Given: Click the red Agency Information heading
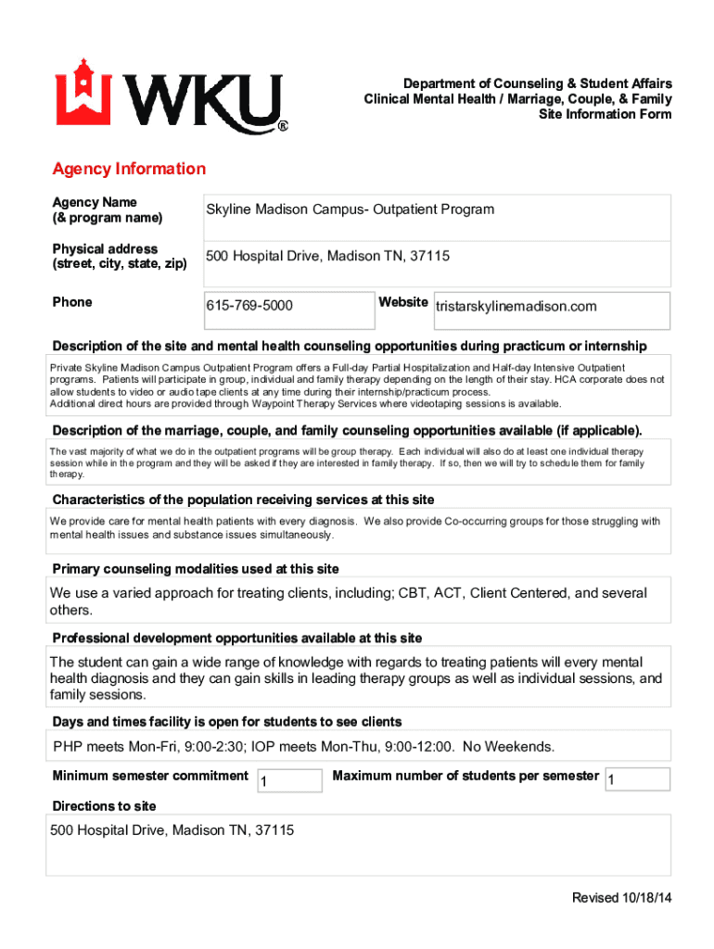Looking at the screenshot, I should pos(129,169).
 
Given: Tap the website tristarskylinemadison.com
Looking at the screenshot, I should pos(516,307).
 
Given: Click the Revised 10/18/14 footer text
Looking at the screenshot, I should pos(621,898).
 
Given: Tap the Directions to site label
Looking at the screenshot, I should pos(104,805).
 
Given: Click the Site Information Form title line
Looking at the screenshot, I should pos(605,114).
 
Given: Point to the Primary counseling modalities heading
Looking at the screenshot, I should pos(196,568).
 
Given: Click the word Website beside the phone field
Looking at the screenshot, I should pos(403,302).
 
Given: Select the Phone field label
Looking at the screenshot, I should pos(72,302).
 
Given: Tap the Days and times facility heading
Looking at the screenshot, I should pos(227,721).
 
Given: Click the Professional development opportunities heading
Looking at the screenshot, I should pos(236,638).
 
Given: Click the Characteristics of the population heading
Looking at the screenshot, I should pos(243,500).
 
